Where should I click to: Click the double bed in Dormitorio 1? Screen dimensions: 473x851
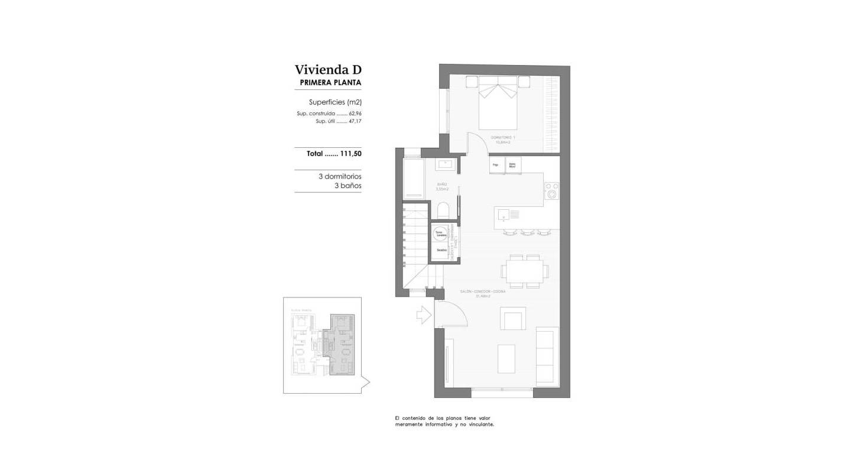coord(498,103)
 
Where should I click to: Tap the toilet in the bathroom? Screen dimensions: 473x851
coord(443,210)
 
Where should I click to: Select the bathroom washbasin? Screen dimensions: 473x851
coord(444,164)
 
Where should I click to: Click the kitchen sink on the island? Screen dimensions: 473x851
coord(504,214)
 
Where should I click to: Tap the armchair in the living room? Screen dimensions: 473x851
coord(512,319)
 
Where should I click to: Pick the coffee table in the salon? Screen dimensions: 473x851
coord(506,359)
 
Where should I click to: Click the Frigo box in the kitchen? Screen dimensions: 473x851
coord(496,165)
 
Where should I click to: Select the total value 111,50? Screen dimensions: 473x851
coord(350,153)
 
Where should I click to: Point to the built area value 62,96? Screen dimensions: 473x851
coord(355,114)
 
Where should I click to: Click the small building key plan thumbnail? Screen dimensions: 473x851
coord(322,345)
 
